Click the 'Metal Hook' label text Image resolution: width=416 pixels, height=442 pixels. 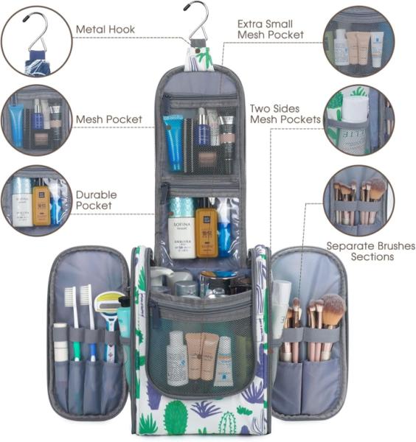105,29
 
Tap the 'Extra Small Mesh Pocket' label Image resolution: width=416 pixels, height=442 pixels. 270,29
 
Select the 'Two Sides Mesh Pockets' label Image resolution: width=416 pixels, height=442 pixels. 285,114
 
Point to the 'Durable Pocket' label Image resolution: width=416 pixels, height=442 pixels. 96,200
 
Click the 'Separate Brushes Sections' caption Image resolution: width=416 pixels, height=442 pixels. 370,251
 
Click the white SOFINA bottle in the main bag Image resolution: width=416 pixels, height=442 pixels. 181,228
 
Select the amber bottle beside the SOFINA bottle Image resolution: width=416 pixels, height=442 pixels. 207,229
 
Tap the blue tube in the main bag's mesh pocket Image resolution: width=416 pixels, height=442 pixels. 173,143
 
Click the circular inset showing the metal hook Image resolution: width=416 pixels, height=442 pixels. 37,41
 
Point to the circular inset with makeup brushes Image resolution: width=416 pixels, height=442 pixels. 358,200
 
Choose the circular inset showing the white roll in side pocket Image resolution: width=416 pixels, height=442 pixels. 358,120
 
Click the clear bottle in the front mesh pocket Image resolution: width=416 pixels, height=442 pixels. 177,359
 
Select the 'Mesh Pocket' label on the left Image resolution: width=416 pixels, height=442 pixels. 108,119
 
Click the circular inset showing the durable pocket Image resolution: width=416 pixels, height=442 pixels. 37,200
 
